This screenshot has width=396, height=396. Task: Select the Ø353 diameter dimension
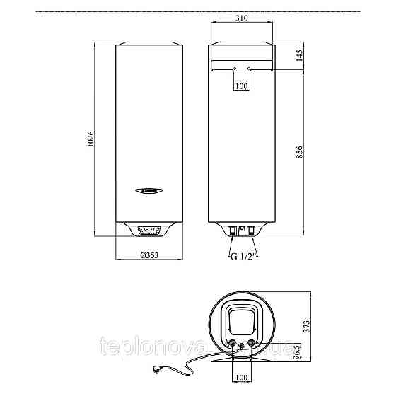click(149, 255)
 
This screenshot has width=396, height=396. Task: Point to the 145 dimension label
click(300, 56)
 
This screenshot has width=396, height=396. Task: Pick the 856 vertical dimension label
click(300, 151)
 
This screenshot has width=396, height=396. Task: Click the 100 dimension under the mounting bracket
click(242, 86)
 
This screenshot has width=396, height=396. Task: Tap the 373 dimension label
click(306, 325)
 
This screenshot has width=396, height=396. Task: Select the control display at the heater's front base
click(149, 230)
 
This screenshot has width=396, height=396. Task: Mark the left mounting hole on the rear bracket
click(234, 69)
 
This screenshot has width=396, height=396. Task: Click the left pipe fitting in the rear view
click(231, 230)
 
